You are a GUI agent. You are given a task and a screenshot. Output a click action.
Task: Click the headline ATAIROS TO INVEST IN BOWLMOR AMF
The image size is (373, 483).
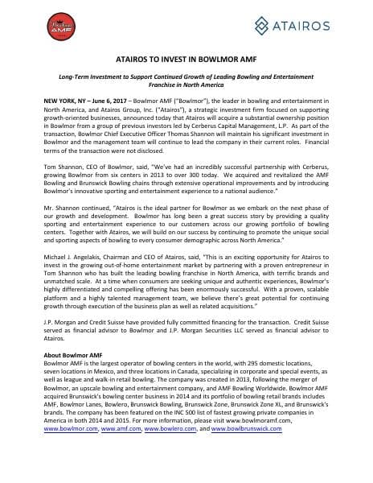[x=186, y=81]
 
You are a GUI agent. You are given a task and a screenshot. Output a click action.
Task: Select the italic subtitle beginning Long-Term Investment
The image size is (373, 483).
[x=186, y=104]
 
